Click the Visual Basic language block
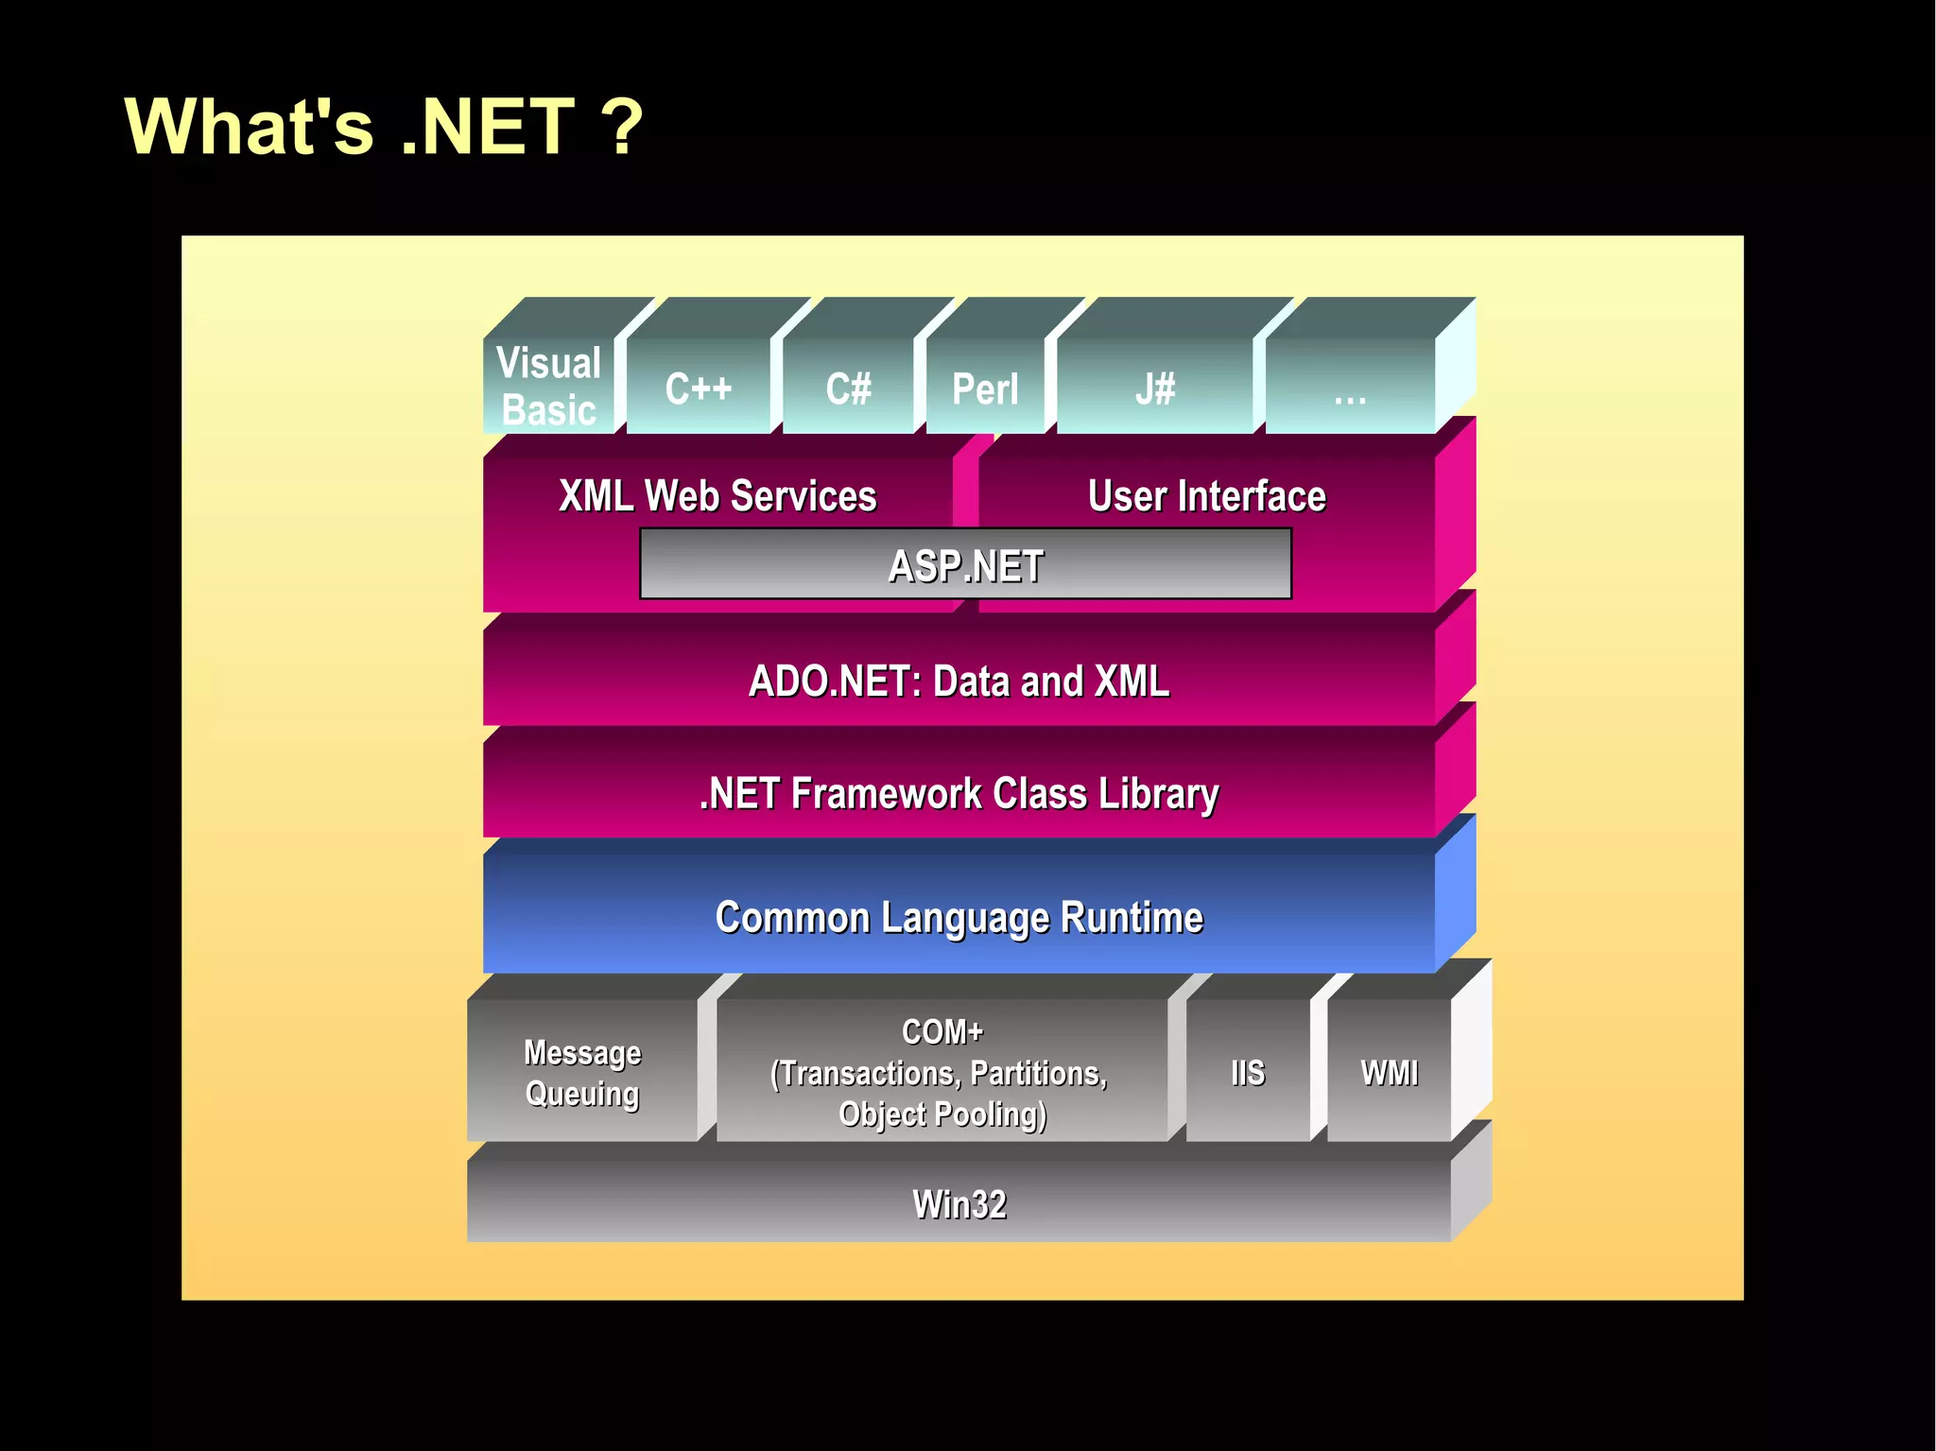tap(549, 386)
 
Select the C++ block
tap(698, 388)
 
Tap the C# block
tap(848, 388)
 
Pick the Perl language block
tap(985, 388)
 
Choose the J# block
tap(1155, 388)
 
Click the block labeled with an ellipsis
tap(1350, 388)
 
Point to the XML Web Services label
tap(717, 495)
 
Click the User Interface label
tap(1206, 495)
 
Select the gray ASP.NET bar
tap(965, 564)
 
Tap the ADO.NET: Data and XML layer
tap(959, 681)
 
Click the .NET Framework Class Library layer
tap(959, 792)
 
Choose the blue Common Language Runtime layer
tap(959, 917)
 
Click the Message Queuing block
tap(582, 1072)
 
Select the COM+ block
tap(942, 1072)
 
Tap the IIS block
tap(1248, 1072)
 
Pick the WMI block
tap(1389, 1072)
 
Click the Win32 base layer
tap(959, 1203)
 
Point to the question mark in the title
tap(621, 127)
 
